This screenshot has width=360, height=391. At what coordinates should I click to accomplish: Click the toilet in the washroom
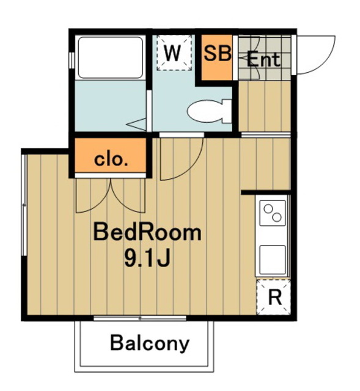[x=209, y=111]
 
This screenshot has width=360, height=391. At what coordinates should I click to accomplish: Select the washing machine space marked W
[x=174, y=53]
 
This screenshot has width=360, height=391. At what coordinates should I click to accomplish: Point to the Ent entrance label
[x=263, y=60]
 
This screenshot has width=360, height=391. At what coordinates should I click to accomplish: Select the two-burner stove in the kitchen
[x=273, y=213]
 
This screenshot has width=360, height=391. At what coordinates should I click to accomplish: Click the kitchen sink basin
[x=273, y=260]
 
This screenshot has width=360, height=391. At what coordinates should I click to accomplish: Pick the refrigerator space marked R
[x=274, y=297]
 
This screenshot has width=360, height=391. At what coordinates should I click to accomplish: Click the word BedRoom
[x=147, y=232]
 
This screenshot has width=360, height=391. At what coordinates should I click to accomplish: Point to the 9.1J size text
[x=147, y=258]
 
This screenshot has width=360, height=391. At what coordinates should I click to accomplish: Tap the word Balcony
[x=150, y=343]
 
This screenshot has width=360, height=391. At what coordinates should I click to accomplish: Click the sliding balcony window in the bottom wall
[x=140, y=318]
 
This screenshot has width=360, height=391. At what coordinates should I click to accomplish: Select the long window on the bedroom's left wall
[x=24, y=205]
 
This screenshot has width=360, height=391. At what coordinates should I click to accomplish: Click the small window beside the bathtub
[x=72, y=60]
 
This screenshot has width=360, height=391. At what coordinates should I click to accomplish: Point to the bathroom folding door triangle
[x=138, y=125]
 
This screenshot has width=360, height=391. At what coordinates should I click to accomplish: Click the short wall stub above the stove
[x=266, y=192]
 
